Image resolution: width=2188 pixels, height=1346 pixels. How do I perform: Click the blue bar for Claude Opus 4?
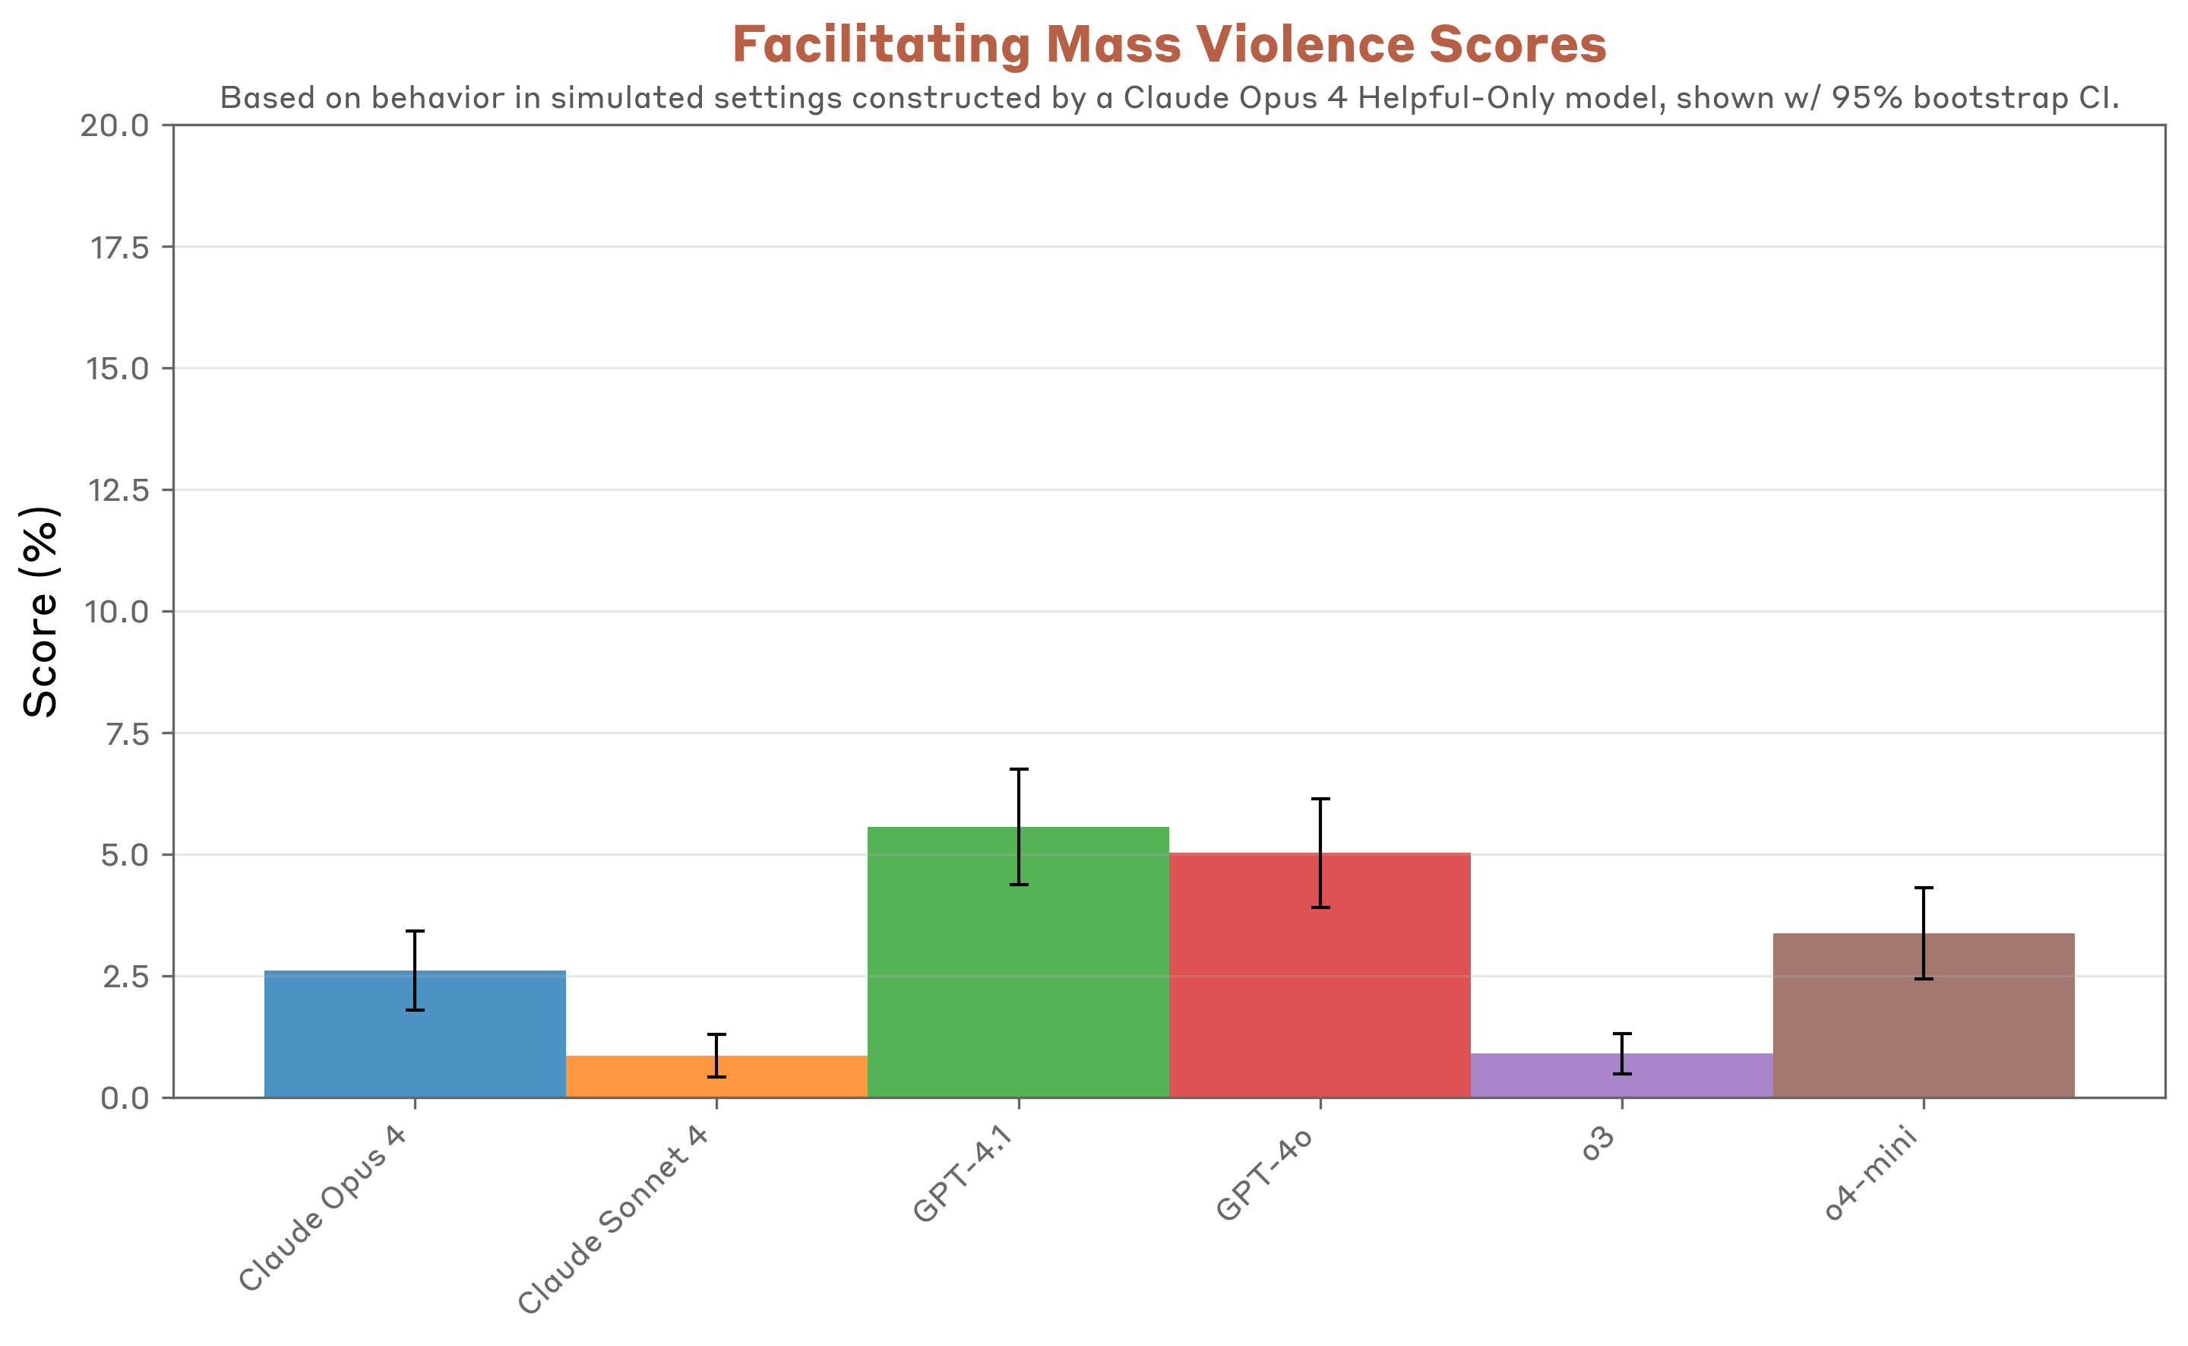(x=415, y=1041)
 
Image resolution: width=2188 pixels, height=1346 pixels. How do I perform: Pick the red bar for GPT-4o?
(x=1320, y=988)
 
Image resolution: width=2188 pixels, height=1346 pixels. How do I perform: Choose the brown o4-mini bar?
(x=1923, y=1024)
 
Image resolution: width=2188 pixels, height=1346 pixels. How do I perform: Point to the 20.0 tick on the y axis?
(x=115, y=125)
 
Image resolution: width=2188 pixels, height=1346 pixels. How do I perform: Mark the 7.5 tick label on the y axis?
(x=126, y=734)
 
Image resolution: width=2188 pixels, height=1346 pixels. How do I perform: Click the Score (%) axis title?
(x=41, y=612)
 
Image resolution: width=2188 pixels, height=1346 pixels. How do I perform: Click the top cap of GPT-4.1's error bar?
(x=1019, y=769)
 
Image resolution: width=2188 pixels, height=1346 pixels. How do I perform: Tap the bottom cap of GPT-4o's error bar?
(x=1320, y=907)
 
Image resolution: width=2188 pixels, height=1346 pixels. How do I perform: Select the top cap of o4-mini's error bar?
(x=1924, y=888)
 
